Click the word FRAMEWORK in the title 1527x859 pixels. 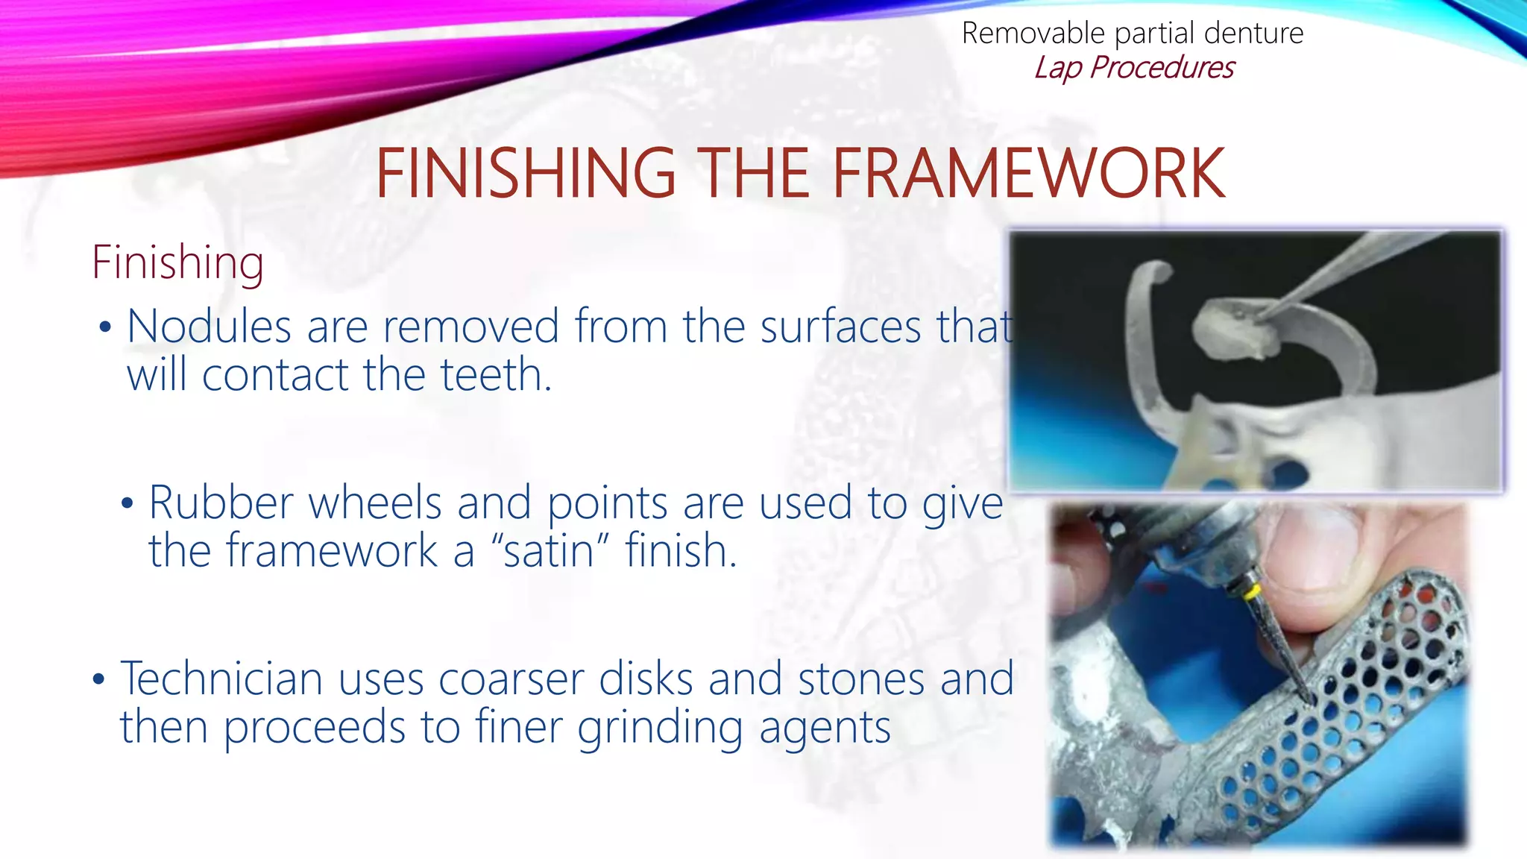tap(1028, 174)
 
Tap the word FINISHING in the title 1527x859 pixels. tap(525, 174)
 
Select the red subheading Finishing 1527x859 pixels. tap(177, 262)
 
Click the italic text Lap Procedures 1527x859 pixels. tap(1133, 68)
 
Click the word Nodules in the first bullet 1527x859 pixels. tap(209, 327)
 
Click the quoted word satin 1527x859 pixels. tap(550, 551)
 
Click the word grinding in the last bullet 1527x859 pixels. tap(659, 727)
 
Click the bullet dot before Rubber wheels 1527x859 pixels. tap(127, 504)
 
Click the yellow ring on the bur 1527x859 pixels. tap(1255, 594)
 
